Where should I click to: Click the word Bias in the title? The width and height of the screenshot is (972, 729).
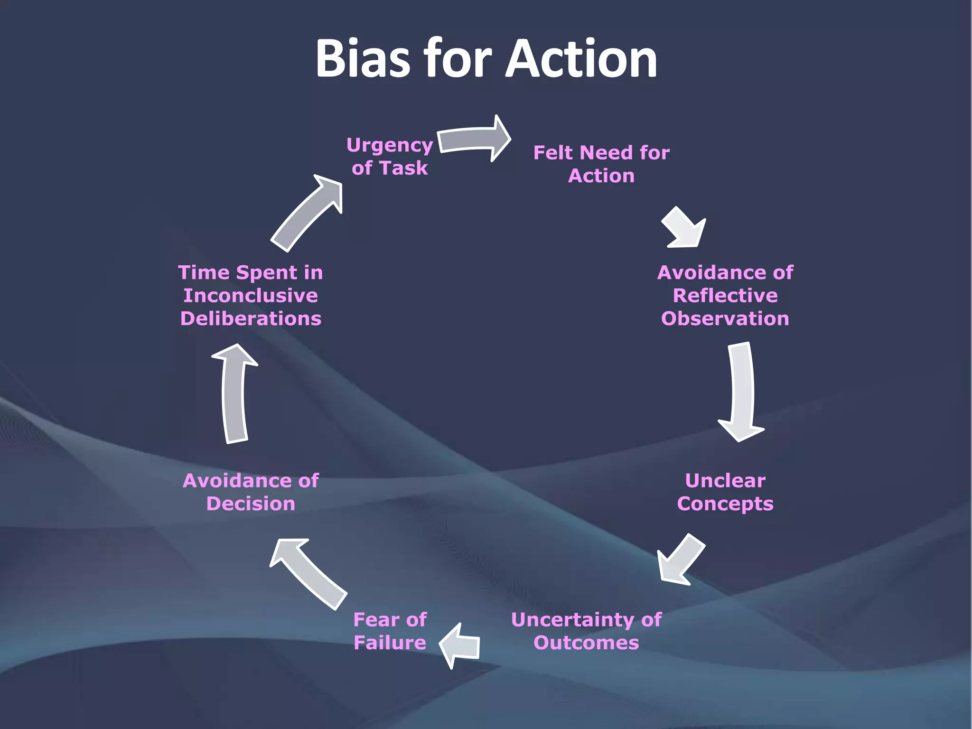[363, 59]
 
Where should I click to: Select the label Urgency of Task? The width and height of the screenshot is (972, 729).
[390, 157]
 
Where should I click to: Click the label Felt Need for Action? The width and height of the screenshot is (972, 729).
[601, 164]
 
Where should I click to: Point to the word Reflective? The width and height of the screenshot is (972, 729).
[725, 296]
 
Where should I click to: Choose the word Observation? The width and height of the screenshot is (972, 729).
[725, 318]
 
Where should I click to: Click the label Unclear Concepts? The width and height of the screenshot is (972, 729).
[725, 492]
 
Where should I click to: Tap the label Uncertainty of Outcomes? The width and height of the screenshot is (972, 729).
[587, 631]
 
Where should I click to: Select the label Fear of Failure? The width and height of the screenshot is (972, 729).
[390, 631]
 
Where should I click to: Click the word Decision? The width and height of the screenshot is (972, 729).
[251, 504]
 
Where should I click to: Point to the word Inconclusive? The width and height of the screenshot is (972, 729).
[251, 296]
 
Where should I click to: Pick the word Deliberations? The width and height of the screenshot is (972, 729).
[251, 318]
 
